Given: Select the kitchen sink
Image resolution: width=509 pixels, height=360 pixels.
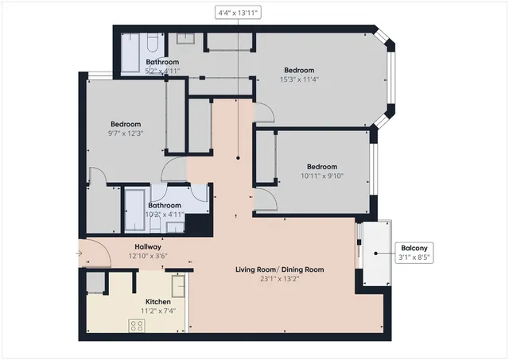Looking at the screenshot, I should pyautogui.click(x=177, y=284).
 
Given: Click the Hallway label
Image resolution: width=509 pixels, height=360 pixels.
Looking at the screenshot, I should pyautogui.click(x=148, y=246).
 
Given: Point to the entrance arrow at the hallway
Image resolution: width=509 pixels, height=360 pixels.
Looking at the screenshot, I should pyautogui.click(x=79, y=254).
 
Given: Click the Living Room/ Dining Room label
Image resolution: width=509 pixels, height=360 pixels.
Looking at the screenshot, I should pyautogui.click(x=279, y=269).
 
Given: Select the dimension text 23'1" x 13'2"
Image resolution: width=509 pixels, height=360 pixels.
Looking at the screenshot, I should pyautogui.click(x=279, y=279).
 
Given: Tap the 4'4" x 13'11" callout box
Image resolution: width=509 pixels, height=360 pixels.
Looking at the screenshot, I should pyautogui.click(x=239, y=13).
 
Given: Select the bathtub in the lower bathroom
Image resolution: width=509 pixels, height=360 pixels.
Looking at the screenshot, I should pyautogui.click(x=135, y=210).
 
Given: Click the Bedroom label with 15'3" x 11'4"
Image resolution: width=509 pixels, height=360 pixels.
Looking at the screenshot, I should pyautogui.click(x=299, y=70).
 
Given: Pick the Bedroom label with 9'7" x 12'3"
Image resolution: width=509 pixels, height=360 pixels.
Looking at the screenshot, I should pyautogui.click(x=126, y=124).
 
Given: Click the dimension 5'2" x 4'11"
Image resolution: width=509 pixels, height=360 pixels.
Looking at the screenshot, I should pyautogui.click(x=162, y=71).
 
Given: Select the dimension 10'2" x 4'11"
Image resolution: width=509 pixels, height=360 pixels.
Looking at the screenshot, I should pyautogui.click(x=165, y=215).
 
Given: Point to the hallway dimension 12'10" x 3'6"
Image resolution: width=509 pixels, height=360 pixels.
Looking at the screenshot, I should pyautogui.click(x=148, y=256).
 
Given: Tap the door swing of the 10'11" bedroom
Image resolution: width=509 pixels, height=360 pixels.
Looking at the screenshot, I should pyautogui.click(x=267, y=199).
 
